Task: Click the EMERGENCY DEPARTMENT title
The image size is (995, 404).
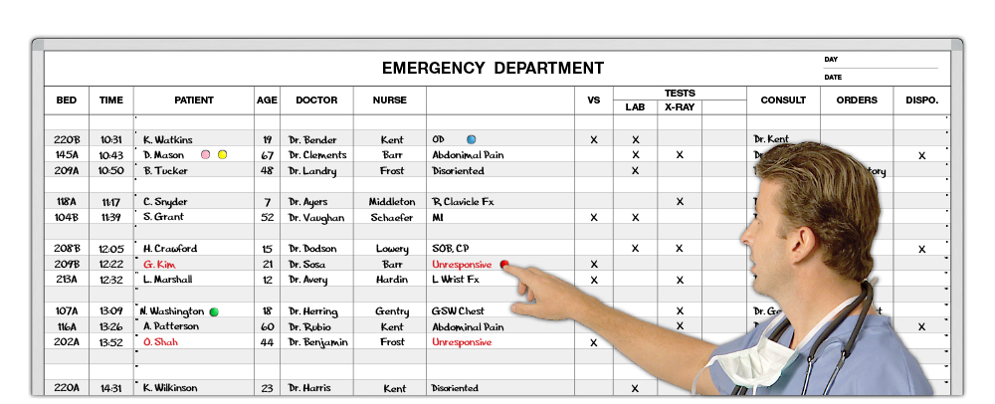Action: pyautogui.click(x=493, y=69)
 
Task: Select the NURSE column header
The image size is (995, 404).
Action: pyautogui.click(x=389, y=101)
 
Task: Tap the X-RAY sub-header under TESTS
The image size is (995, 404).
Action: pyautogui.click(x=680, y=106)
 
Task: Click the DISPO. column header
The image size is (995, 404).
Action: pyautogui.click(x=921, y=101)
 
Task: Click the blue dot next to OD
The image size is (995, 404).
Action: pyautogui.click(x=472, y=139)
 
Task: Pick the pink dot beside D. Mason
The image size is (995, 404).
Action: pyautogui.click(x=206, y=155)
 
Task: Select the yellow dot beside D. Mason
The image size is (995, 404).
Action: pyautogui.click(x=223, y=155)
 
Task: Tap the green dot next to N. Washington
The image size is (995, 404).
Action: pyautogui.click(x=214, y=311)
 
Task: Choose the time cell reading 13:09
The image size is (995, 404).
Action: pyautogui.click(x=110, y=311)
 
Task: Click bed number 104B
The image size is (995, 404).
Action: pyautogui.click(x=67, y=217)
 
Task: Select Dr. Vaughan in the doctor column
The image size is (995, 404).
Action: pyautogui.click(x=316, y=217)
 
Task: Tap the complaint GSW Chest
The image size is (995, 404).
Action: pyautogui.click(x=458, y=311)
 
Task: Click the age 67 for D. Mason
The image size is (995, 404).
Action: pyautogui.click(x=267, y=156)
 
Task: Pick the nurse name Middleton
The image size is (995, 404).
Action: pyautogui.click(x=392, y=202)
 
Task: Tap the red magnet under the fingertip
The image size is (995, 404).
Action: pyautogui.click(x=504, y=264)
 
